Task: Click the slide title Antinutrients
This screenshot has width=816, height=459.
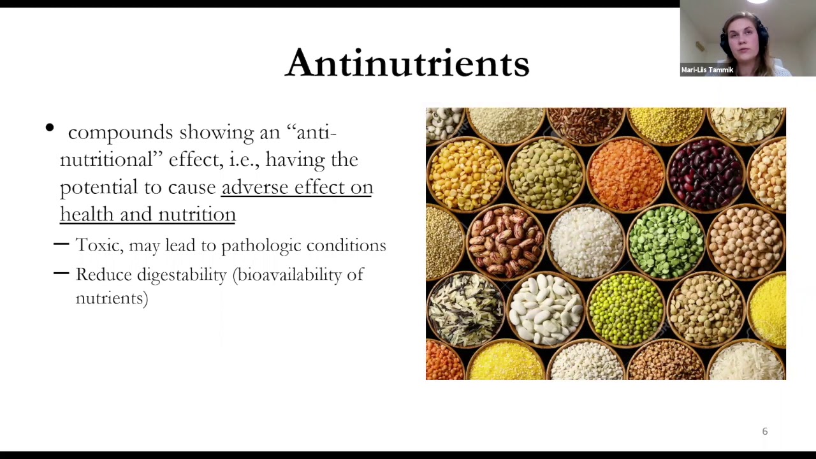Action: click(x=407, y=63)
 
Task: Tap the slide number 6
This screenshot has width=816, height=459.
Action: click(x=765, y=432)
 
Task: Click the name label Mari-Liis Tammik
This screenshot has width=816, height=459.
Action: click(x=707, y=70)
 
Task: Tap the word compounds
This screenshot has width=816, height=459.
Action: click(x=120, y=133)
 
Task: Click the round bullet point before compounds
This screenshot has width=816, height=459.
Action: click(x=50, y=129)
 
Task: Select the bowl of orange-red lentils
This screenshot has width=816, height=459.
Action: click(x=625, y=173)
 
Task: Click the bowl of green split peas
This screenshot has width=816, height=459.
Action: click(x=666, y=243)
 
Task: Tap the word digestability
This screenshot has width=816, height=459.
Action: click(x=182, y=275)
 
